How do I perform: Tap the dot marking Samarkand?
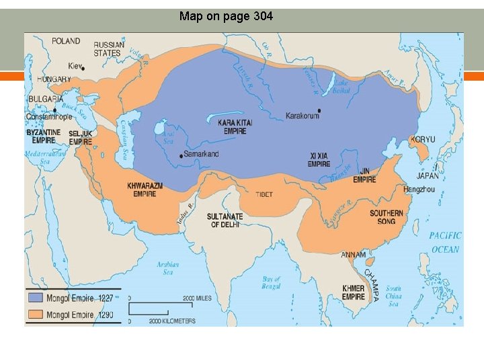[x=181, y=155]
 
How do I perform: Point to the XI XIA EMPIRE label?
[x=319, y=159]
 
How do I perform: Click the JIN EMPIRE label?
[x=364, y=175]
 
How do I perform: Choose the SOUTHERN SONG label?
[x=387, y=217]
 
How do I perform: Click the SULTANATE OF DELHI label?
[x=225, y=220]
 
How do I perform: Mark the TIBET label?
[x=264, y=194]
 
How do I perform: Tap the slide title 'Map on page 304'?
[x=226, y=16]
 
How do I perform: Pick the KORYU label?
[x=424, y=140]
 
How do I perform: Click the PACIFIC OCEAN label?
[x=445, y=243]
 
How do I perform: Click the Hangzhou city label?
[x=420, y=190]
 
